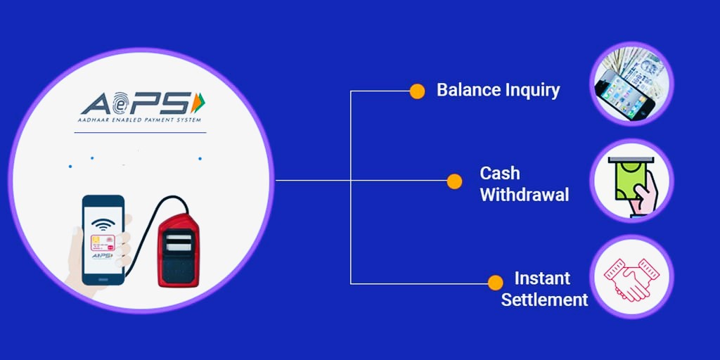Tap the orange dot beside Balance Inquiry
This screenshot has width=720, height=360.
[x=417, y=91]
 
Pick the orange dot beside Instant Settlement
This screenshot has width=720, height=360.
[x=496, y=283]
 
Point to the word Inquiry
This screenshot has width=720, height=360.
[x=532, y=91]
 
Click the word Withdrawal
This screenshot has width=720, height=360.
[x=524, y=195]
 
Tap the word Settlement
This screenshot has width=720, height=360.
[x=544, y=299]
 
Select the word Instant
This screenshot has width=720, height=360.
[x=542, y=278]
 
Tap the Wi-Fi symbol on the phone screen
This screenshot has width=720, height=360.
[x=104, y=225]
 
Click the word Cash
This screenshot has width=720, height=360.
[x=500, y=173]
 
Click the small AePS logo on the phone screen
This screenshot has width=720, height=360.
[x=103, y=257]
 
